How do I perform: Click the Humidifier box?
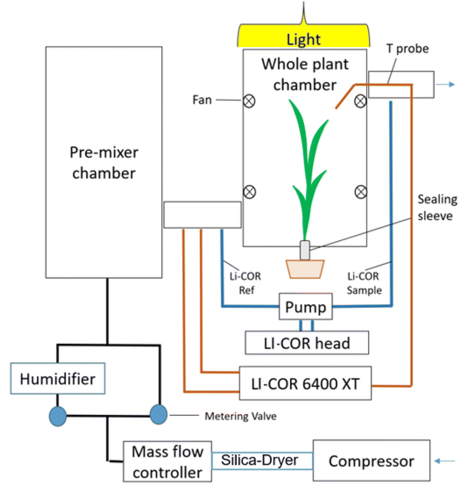(x=58, y=379)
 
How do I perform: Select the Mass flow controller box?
(x=167, y=462)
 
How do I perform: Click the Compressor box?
(x=371, y=461)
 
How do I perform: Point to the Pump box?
(x=305, y=307)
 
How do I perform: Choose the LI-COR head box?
(x=307, y=343)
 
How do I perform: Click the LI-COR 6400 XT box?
(x=305, y=384)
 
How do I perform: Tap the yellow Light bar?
(x=304, y=37)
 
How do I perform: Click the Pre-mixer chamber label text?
(x=104, y=163)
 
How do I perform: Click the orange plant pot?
(x=305, y=269)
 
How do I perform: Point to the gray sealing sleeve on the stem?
(x=305, y=250)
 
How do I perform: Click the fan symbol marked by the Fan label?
(x=249, y=101)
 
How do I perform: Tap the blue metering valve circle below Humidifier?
(x=58, y=416)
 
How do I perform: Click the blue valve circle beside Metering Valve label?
(x=158, y=414)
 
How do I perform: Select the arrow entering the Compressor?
(x=445, y=461)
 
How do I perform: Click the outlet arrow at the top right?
(x=445, y=84)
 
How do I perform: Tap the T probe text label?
(x=408, y=49)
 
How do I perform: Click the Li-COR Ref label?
(x=245, y=283)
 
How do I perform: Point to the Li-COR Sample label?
(x=364, y=283)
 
